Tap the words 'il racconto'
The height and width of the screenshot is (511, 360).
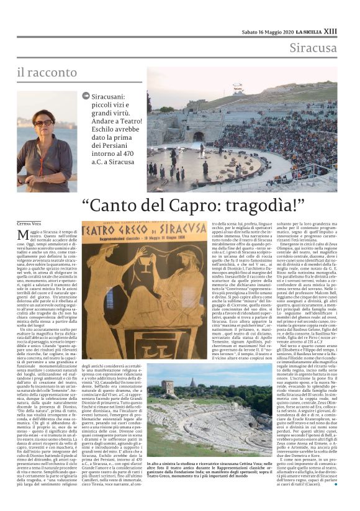47,73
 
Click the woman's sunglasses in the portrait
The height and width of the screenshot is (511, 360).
44,123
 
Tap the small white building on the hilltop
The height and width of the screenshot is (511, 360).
238,88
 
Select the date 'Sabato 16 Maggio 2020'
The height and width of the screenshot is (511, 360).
266,13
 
